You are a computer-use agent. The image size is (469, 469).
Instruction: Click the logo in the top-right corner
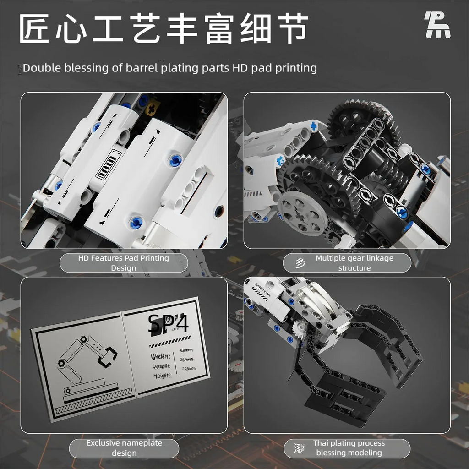[437, 26]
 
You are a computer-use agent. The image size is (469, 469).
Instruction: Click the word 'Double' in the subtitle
[42, 68]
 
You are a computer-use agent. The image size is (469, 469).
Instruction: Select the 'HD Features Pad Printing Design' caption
[123, 263]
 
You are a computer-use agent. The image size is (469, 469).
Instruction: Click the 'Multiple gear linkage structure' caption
[354, 263]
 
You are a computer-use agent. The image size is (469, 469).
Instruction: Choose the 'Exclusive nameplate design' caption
[124, 448]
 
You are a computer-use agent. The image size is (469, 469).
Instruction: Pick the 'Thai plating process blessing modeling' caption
[349, 448]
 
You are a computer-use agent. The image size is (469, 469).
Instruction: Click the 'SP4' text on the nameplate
[168, 324]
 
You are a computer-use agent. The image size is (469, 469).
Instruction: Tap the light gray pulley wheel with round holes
[302, 213]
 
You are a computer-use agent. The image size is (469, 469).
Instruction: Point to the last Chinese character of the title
[292, 28]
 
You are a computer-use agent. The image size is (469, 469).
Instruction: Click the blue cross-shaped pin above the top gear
[314, 126]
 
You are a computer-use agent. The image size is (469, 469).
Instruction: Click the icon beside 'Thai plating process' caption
[298, 447]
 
